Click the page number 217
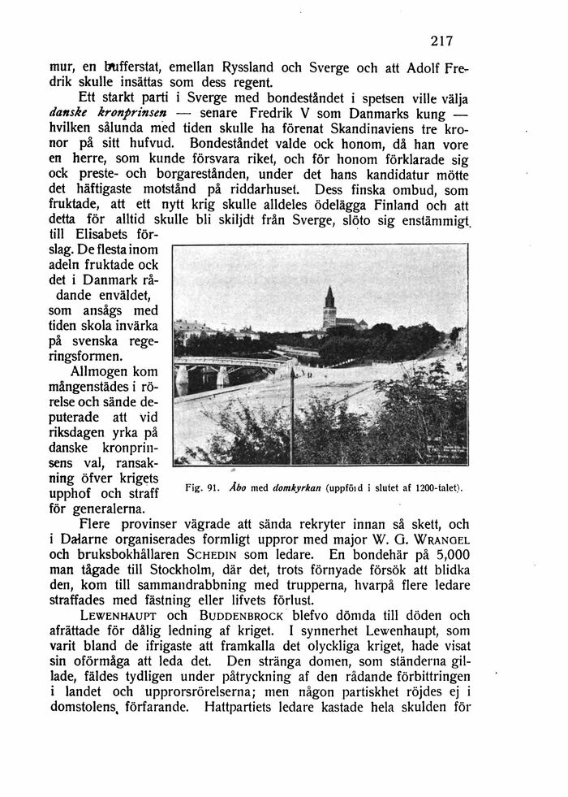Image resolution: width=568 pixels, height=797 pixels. [x=441, y=41]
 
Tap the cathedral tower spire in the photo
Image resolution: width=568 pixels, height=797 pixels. [x=329, y=299]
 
